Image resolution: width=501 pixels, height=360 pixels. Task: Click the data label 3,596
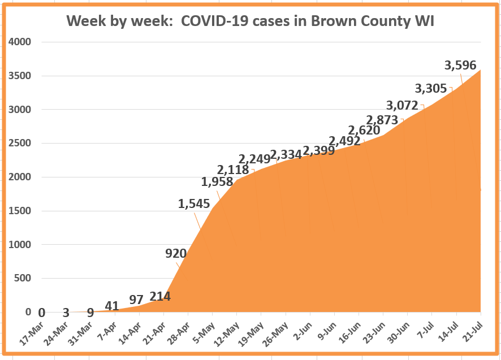pos(460,65)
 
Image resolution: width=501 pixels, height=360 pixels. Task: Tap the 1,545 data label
pos(194,204)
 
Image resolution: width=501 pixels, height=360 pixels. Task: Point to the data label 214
pos(160,296)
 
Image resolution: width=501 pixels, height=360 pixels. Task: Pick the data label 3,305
pos(431,88)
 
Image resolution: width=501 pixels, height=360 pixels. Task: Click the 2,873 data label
pos(382,120)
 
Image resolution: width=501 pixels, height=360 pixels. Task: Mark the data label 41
pos(112,306)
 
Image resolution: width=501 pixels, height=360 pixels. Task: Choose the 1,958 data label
pos(217,182)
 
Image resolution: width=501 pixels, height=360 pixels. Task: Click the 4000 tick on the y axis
pos(20,42)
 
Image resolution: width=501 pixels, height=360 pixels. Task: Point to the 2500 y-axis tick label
pos(20,143)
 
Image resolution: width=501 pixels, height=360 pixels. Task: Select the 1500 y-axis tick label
pos(20,211)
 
